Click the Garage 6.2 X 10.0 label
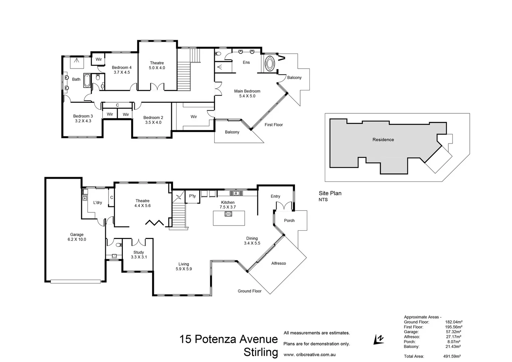[x=77, y=237]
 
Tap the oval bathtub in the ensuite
[x=269, y=63]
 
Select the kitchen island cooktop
[x=228, y=214]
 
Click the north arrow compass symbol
[x=378, y=340]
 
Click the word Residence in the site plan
[x=383, y=140]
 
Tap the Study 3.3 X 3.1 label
[x=139, y=255]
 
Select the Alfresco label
[x=279, y=263]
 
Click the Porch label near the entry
[x=289, y=221]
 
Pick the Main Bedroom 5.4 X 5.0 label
[x=247, y=94]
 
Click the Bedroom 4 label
[x=122, y=70]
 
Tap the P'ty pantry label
[x=192, y=196]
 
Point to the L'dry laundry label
[x=97, y=202]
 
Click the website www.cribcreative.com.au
[x=309, y=355]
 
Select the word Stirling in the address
[x=261, y=353]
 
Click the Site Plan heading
[x=330, y=193]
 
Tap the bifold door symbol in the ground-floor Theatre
[x=154, y=223]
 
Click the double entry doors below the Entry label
[x=284, y=206]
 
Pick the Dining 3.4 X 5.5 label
[x=252, y=241]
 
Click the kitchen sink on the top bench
[x=236, y=193]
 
